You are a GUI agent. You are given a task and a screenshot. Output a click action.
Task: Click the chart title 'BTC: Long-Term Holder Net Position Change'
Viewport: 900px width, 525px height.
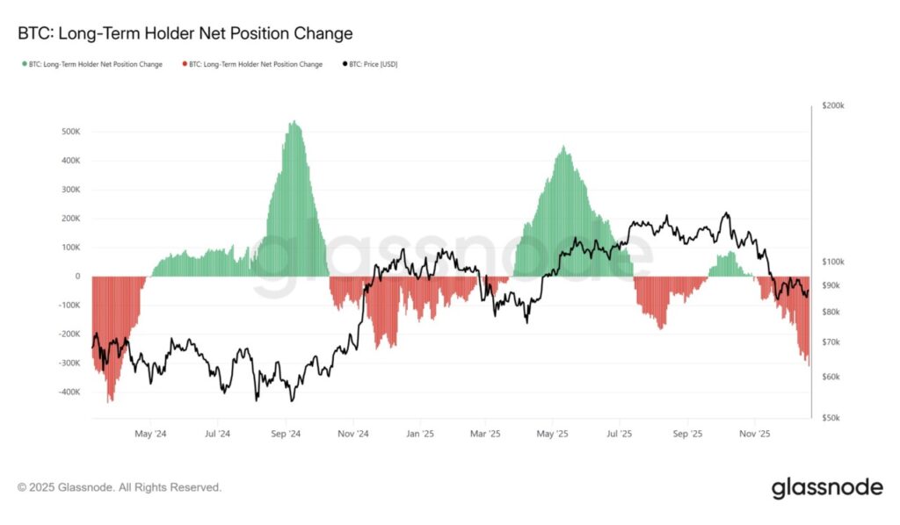tap(185, 34)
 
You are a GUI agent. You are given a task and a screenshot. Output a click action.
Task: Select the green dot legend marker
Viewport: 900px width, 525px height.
tap(25, 64)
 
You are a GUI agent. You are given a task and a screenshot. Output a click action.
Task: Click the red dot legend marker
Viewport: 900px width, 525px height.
tap(185, 64)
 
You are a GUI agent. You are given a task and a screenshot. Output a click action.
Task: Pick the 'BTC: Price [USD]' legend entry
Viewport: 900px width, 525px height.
tap(372, 64)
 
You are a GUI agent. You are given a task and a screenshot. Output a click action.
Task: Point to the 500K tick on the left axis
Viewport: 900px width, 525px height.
tap(70, 132)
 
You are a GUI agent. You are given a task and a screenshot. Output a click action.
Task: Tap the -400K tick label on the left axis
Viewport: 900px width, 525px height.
tap(68, 392)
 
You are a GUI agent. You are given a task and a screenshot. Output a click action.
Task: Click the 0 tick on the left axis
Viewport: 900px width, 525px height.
tap(77, 276)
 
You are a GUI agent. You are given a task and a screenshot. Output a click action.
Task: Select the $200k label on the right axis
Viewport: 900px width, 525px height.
tap(832, 105)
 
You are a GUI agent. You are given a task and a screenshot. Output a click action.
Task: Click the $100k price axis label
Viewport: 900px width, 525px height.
tap(832, 262)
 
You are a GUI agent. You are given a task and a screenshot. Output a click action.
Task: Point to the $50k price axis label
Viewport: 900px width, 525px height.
tap(831, 418)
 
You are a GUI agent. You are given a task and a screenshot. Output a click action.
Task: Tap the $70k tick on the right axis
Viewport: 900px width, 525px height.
tap(831, 342)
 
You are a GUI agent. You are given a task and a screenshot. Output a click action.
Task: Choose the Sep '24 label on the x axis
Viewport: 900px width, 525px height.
tap(286, 434)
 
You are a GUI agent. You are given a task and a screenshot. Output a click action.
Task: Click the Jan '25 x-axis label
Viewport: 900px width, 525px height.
tap(420, 434)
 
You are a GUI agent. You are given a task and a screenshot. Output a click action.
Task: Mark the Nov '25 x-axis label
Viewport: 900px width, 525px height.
tap(754, 434)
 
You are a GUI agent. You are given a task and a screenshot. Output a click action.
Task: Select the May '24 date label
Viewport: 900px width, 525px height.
tap(151, 434)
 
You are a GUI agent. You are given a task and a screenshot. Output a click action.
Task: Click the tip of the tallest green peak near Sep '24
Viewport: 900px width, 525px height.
tap(294, 122)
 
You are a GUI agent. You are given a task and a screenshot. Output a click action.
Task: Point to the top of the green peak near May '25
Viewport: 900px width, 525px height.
tap(564, 147)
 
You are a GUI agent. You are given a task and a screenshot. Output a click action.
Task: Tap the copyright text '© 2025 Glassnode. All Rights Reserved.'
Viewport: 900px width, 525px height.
tap(120, 486)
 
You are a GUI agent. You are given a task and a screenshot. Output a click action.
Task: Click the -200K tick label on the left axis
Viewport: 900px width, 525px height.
tap(68, 334)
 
